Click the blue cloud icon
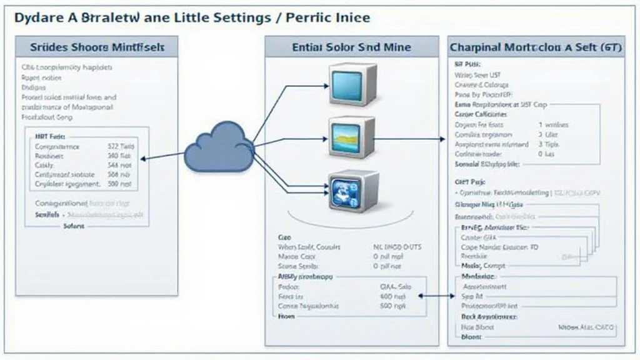[x=219, y=148]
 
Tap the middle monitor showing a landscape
[x=352, y=137]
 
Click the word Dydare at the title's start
[x=38, y=17]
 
